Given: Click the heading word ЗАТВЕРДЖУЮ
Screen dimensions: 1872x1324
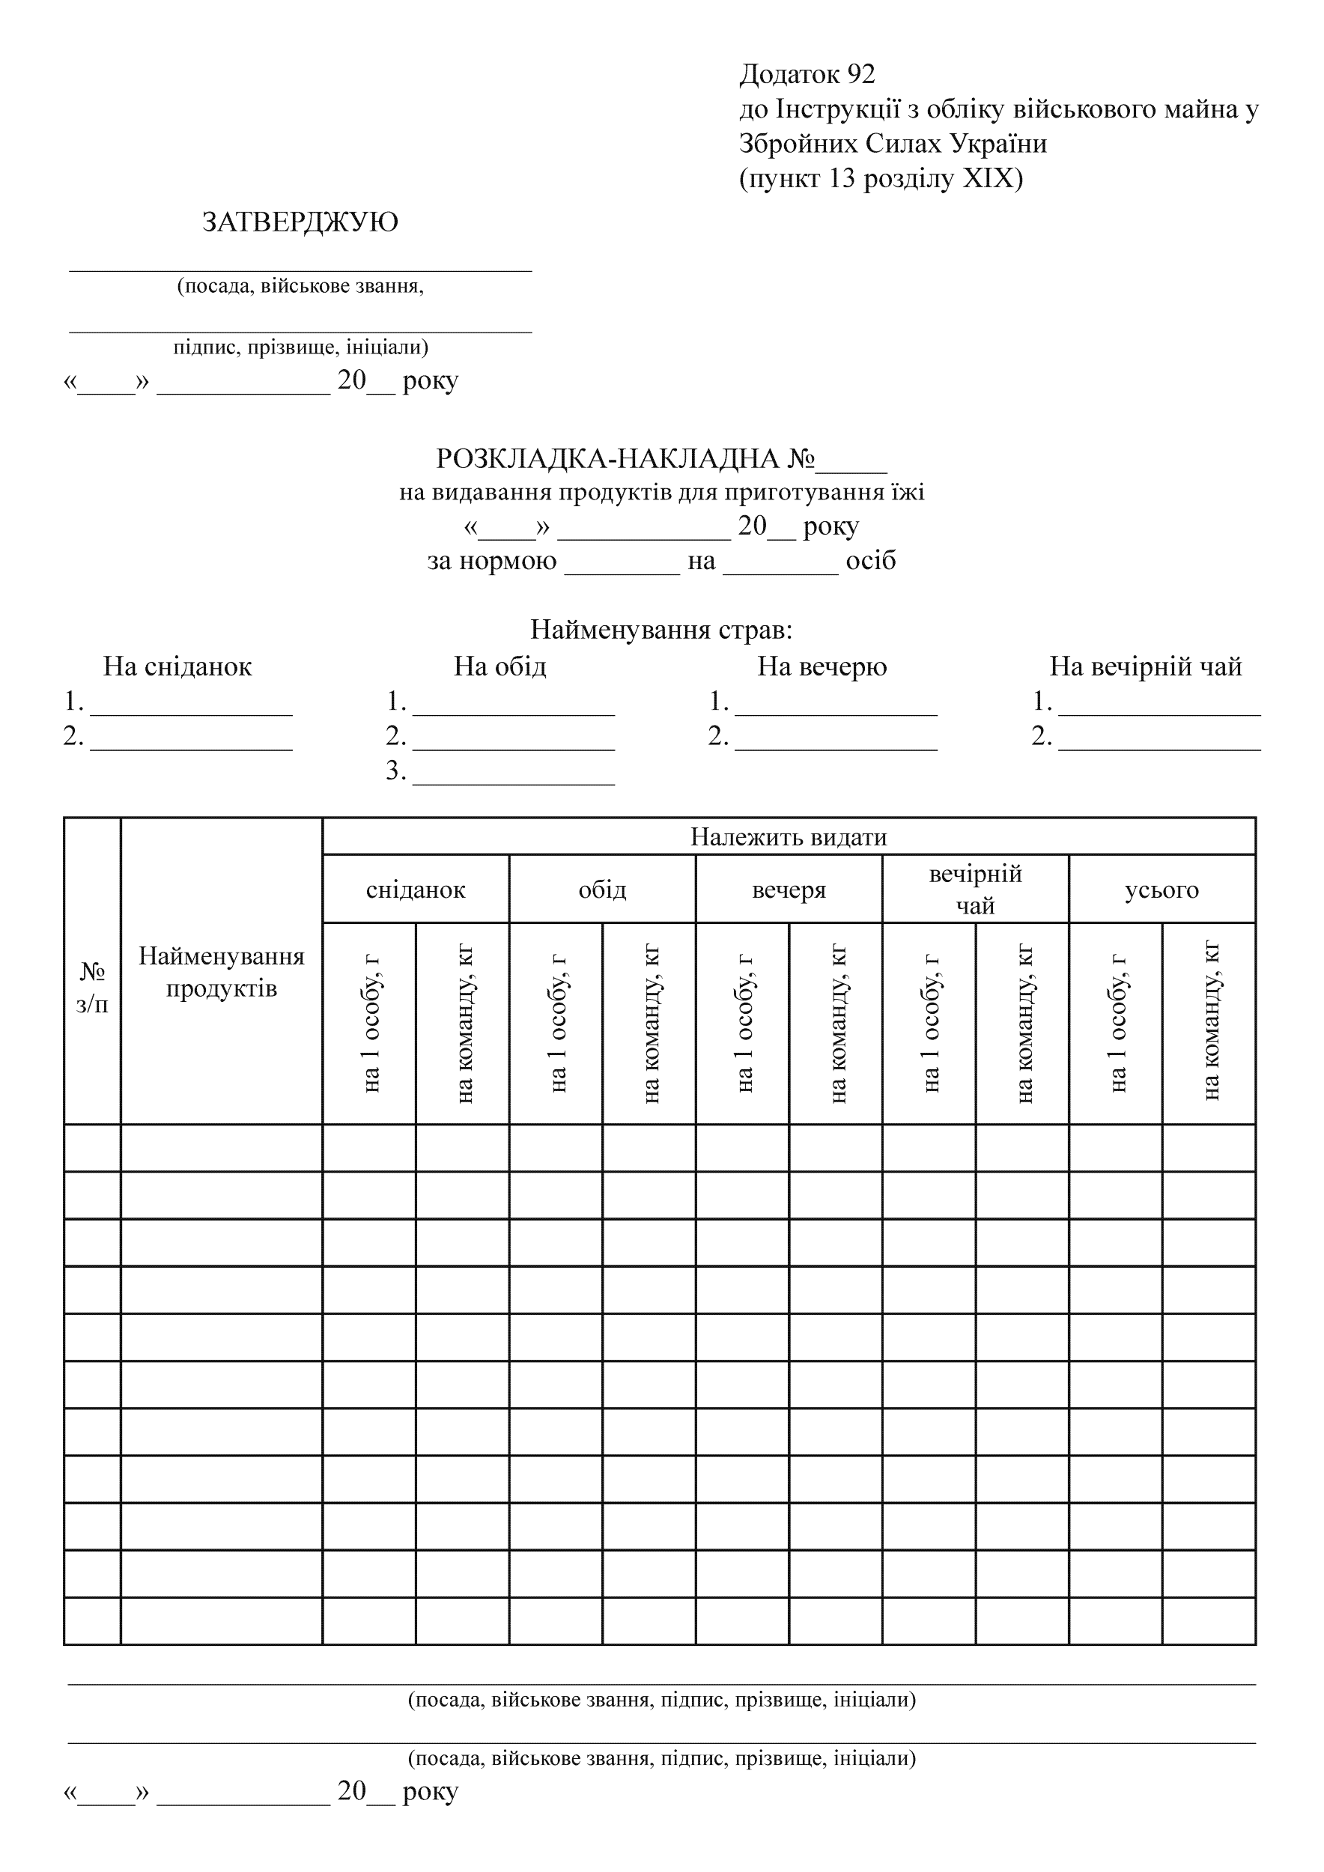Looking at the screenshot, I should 300,222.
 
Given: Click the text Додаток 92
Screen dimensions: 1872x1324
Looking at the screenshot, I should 807,75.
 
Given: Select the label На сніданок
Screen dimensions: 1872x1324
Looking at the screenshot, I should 177,667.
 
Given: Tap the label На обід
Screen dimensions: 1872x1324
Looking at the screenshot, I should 499,667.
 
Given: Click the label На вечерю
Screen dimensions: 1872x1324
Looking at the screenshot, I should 822,667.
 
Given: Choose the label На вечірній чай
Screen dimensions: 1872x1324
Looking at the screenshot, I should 1146,667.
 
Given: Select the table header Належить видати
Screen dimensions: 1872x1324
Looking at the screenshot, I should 789,837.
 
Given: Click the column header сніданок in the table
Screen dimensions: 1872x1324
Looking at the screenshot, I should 416,890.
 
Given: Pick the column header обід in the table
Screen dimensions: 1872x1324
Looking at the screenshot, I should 603,890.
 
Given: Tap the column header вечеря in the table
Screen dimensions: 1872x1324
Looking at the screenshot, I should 789,890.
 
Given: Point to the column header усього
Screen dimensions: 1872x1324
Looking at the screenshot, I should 1161,890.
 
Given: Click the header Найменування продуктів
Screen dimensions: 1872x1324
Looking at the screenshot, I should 222,972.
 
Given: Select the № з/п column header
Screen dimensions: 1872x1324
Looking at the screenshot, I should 92,988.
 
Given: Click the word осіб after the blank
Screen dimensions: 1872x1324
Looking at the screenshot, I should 871,561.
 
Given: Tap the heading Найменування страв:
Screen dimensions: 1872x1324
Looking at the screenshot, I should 661,630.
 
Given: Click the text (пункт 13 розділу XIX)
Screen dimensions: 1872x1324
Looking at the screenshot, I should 881,178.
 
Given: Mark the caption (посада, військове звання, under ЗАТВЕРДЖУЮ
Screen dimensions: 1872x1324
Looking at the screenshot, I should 300,286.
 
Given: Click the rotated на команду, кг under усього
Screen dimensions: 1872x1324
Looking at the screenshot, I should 1210,1024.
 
